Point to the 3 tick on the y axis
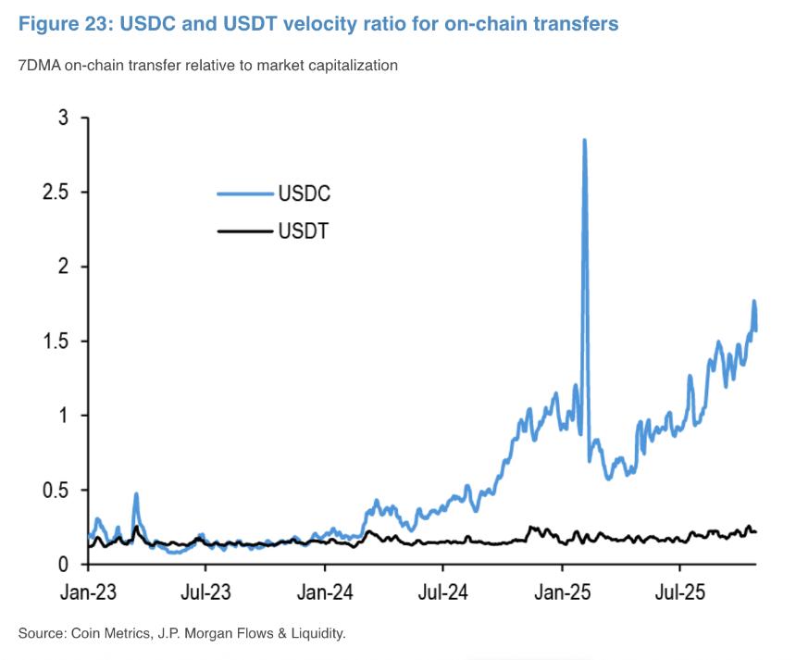pyautogui.click(x=63, y=118)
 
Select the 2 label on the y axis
pyautogui.click(x=63, y=267)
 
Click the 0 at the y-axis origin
pyautogui.click(x=63, y=564)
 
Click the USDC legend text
pyautogui.click(x=304, y=194)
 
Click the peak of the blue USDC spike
pyautogui.click(x=584, y=140)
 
